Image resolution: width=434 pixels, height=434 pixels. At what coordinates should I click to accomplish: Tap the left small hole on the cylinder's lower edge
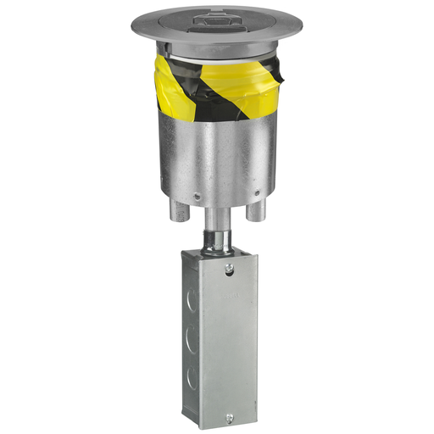point(197,197)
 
